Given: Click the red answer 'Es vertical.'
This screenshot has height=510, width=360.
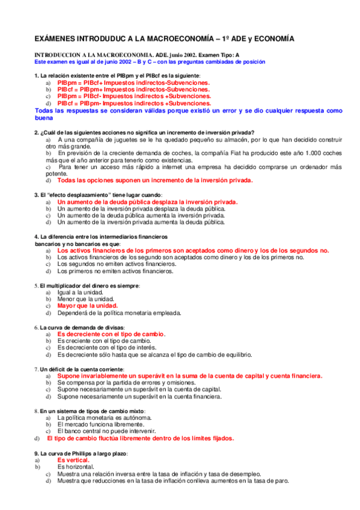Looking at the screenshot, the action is tap(74, 459).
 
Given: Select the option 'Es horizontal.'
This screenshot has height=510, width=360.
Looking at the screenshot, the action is tap(76, 466).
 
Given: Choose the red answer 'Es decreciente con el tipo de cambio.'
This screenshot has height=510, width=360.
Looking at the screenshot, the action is tap(111, 334).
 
